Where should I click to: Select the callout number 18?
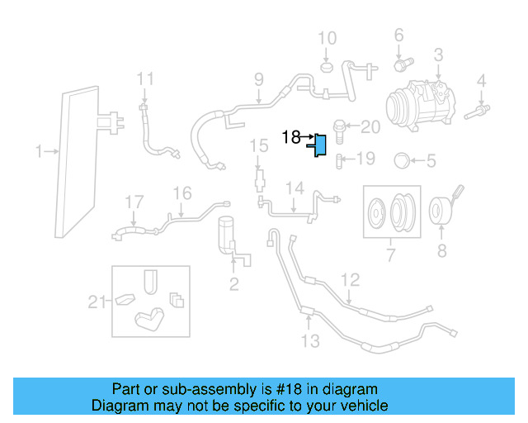click(292, 137)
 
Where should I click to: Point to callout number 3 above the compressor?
click(437, 55)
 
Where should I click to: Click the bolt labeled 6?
click(403, 62)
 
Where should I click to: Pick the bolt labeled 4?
click(478, 108)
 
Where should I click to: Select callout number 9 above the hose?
click(258, 80)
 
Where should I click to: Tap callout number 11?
click(145, 79)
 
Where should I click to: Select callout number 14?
click(295, 189)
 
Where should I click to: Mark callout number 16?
click(181, 193)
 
